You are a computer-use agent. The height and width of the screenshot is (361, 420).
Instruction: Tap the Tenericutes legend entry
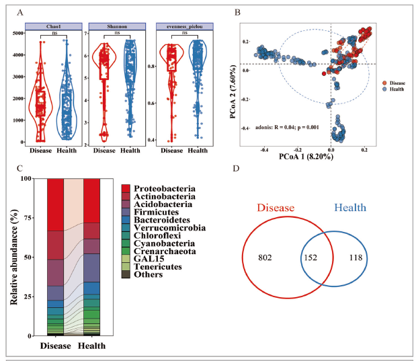tap(159, 266)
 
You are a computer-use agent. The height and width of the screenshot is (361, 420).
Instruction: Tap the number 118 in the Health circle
tap(355, 257)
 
